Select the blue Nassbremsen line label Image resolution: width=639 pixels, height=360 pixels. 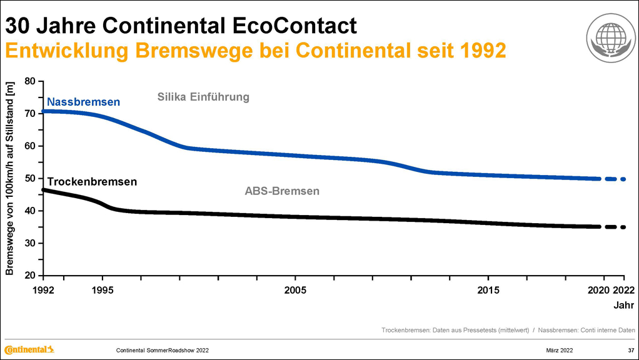(x=83, y=102)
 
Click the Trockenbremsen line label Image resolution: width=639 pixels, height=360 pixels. (x=92, y=182)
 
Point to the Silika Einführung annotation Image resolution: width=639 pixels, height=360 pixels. (x=203, y=97)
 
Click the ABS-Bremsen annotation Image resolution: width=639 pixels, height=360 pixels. (x=281, y=191)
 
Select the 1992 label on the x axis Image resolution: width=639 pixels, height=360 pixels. (x=43, y=291)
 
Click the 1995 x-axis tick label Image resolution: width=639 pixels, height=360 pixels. (x=103, y=291)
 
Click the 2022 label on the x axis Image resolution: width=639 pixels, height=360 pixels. (x=624, y=291)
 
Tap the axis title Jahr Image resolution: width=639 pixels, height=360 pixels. (x=623, y=306)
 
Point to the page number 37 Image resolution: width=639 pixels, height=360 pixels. (x=631, y=349)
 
